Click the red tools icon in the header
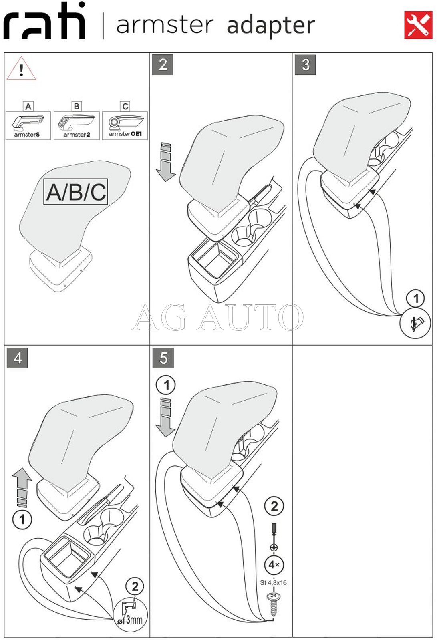[418, 25]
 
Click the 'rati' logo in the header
[44, 20]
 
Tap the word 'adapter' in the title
[271, 25]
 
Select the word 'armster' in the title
[165, 25]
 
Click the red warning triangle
[21, 69]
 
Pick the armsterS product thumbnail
[28, 125]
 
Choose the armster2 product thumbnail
[77, 125]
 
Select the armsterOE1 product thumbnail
[125, 125]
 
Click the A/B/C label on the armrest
[76, 192]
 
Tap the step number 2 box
[163, 65]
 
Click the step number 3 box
[305, 65]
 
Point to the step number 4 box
[17, 358]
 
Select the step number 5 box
[163, 358]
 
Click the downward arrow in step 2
[166, 161]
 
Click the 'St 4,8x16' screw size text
[273, 582]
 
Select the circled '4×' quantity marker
[274, 565]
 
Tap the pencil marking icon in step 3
[415, 323]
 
